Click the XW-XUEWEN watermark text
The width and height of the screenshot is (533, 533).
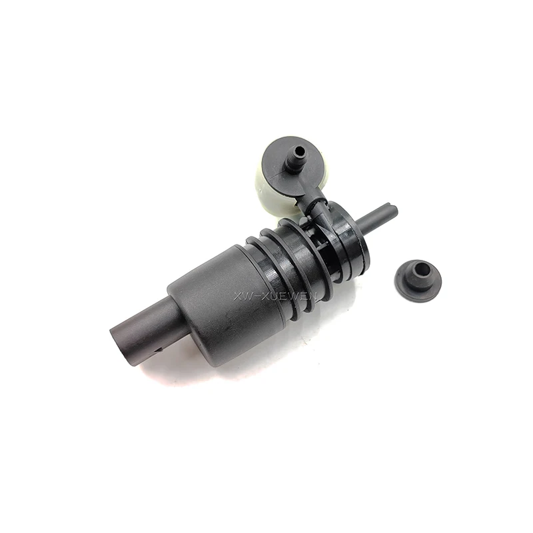coord(276,296)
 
